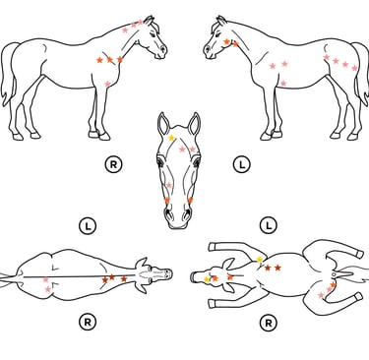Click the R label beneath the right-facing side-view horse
[x=113, y=164]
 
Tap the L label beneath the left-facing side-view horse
[x=242, y=164]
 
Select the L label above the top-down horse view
[x=88, y=226]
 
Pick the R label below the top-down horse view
[x=88, y=323]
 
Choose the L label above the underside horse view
[x=269, y=225]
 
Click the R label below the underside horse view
[x=269, y=324]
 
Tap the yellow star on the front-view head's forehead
[x=171, y=138]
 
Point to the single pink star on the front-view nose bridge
[x=169, y=186]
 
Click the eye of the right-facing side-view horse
[x=154, y=33]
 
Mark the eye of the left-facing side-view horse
[x=216, y=33]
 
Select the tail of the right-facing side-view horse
[x=9, y=73]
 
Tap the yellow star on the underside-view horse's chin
[x=207, y=279]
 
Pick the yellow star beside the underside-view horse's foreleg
[x=260, y=260]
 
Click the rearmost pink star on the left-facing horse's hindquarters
[x=354, y=68]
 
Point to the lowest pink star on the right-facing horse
[x=107, y=84]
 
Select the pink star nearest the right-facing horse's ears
[x=141, y=23]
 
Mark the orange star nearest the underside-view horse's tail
[x=334, y=285]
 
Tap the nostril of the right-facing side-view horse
[x=163, y=49]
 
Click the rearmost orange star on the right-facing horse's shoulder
[x=99, y=60]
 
